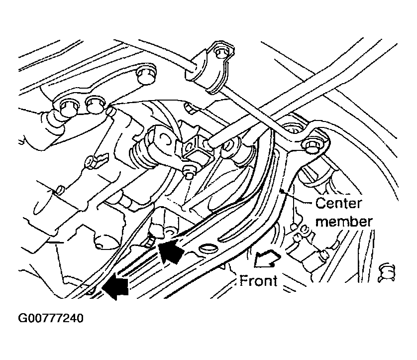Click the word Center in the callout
pos(338,204)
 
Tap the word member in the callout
pos(344,222)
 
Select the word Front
pos(258,281)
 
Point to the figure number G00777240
pos(51,318)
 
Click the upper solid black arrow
pos(171,250)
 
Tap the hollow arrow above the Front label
pos(267,258)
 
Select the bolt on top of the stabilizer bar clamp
pos(220,53)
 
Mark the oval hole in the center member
pos(208,249)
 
